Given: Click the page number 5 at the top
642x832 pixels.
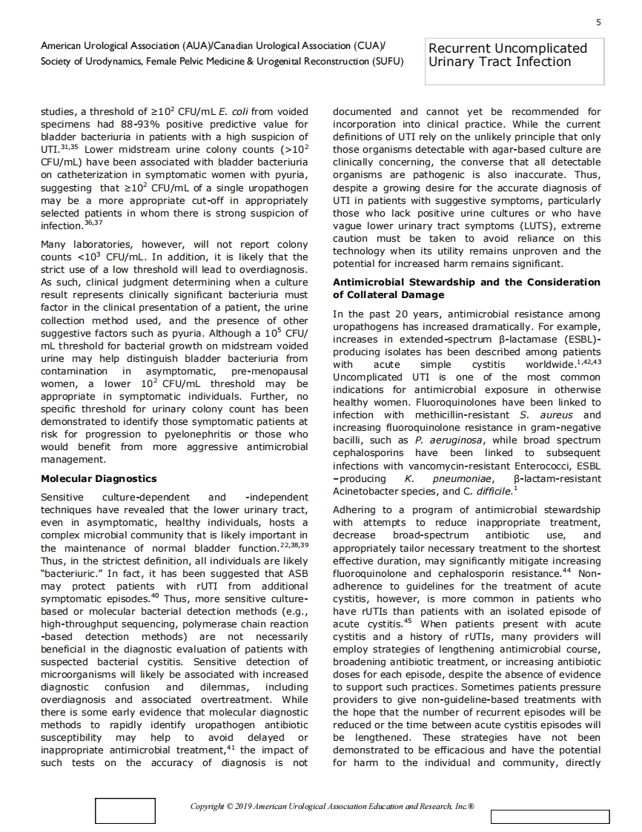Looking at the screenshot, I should (x=598, y=23).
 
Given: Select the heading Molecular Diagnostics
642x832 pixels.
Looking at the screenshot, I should (x=98, y=478).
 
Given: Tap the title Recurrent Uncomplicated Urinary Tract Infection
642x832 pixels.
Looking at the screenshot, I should (x=508, y=55).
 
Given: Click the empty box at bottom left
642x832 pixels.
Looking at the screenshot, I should (x=125, y=810).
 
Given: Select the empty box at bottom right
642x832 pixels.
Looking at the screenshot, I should (x=549, y=816).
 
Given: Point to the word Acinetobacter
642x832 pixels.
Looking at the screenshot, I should (x=371, y=491).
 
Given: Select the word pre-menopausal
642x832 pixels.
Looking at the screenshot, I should (x=269, y=371).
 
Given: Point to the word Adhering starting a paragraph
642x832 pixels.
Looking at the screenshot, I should (x=358, y=510).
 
